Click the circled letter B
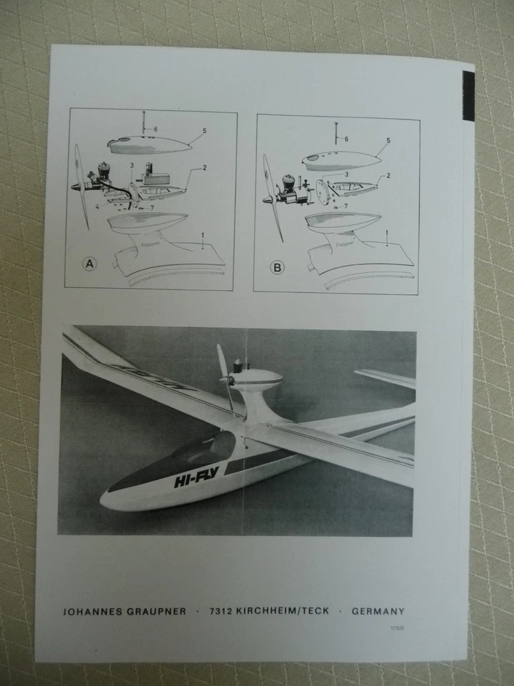pos(277,268)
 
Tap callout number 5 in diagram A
pos(204,131)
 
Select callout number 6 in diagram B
pos(346,139)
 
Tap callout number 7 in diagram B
pos(345,207)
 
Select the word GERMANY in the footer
pos(378,612)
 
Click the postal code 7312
pos(221,611)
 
